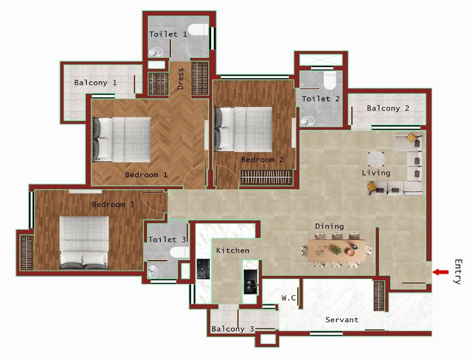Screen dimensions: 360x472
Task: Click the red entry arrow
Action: (x=440, y=272)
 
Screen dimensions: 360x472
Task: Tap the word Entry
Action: (x=457, y=272)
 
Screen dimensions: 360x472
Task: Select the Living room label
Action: (x=376, y=173)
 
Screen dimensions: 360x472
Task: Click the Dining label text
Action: (x=329, y=226)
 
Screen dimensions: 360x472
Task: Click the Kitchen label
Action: (x=232, y=250)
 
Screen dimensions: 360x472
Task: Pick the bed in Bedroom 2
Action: (x=243, y=129)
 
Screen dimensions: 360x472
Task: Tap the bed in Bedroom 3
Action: (x=84, y=243)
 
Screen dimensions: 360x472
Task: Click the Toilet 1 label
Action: (x=168, y=34)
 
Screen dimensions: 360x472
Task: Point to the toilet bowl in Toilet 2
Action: (x=329, y=81)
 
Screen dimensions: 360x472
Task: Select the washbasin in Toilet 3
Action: (x=154, y=269)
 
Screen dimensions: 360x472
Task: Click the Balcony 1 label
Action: (x=95, y=82)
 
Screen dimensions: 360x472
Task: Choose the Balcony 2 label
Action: (x=388, y=108)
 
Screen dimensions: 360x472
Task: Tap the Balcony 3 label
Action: (x=232, y=329)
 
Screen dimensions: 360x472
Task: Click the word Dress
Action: (x=181, y=79)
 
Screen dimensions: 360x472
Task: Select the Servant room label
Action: (x=342, y=320)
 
